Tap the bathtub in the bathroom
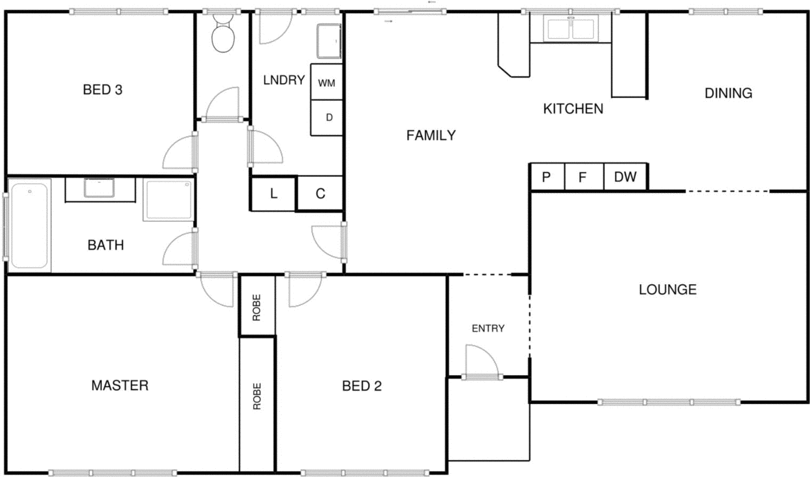[x=29, y=225]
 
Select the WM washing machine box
[x=327, y=82]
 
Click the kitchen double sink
[x=571, y=28]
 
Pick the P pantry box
[x=546, y=177]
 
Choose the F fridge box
[x=583, y=177]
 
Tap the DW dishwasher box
[x=625, y=177]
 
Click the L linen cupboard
[x=273, y=193]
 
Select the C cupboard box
[x=320, y=193]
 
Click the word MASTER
[x=120, y=385]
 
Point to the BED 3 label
[x=103, y=90]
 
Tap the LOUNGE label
[x=668, y=289]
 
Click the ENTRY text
[x=488, y=328]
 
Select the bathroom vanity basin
[x=99, y=188]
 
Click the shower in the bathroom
[x=168, y=200]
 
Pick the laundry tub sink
[x=329, y=40]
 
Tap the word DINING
[x=728, y=93]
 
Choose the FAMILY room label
[x=431, y=136]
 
